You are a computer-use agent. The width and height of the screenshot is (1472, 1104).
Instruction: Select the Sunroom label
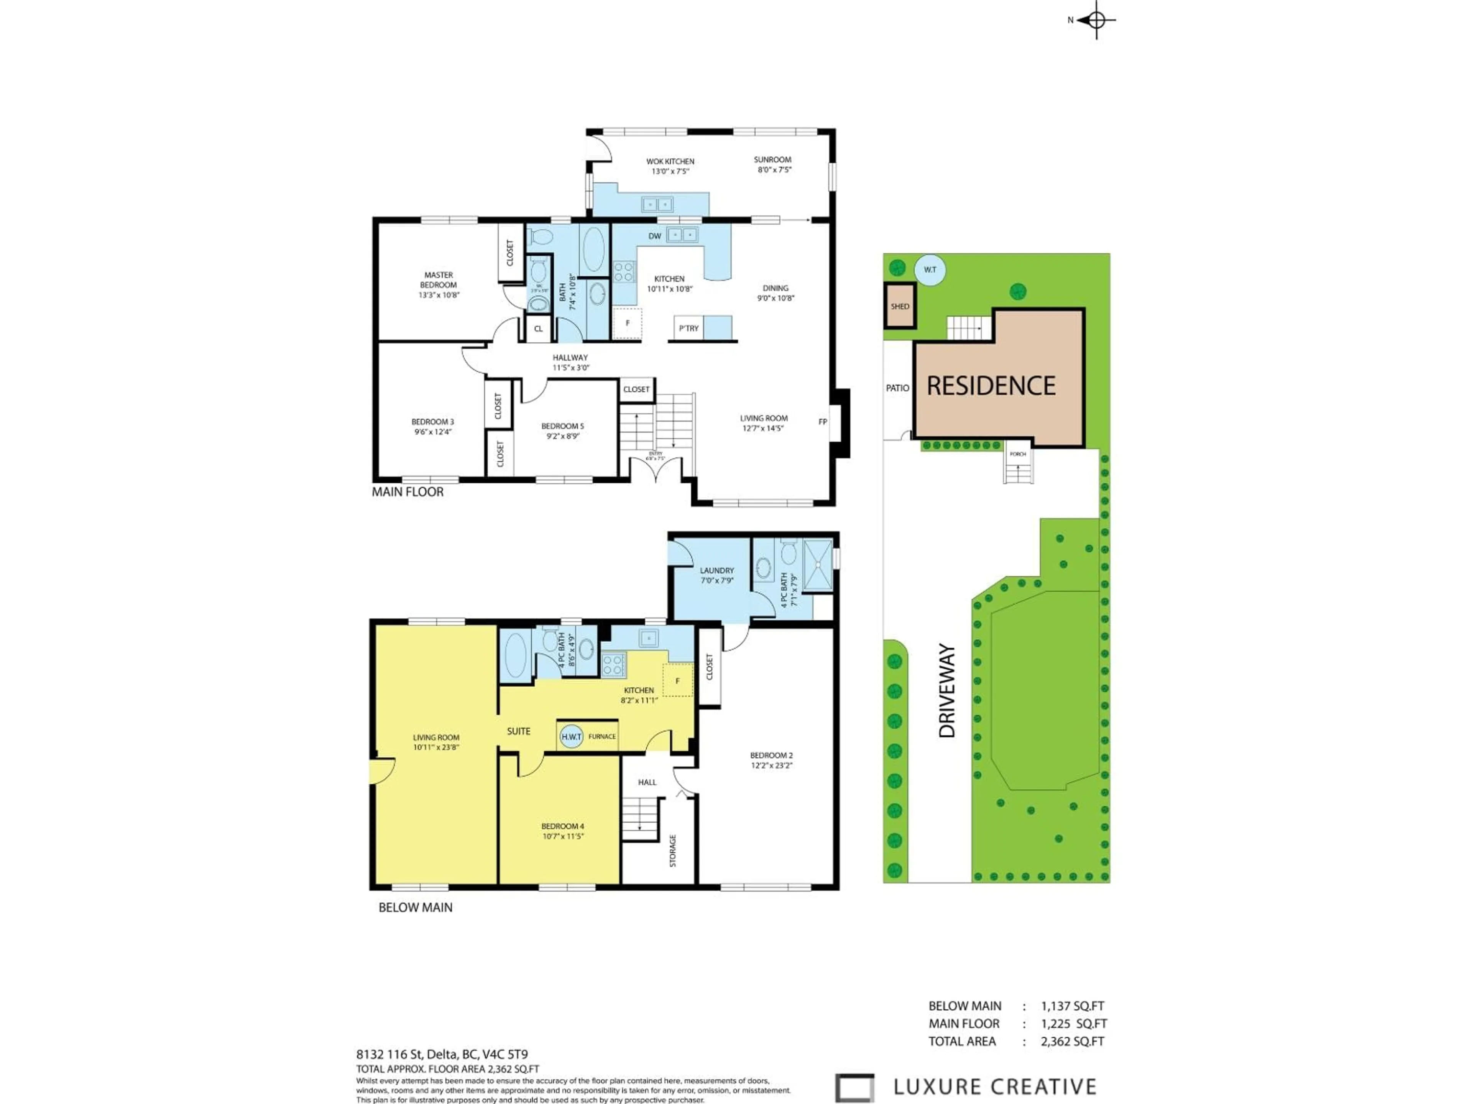[x=772, y=164]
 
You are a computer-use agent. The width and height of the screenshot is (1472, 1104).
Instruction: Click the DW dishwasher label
[x=655, y=236]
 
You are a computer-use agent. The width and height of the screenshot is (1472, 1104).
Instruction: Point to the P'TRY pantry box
[x=689, y=328]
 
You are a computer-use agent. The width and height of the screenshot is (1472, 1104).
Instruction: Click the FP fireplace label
[x=823, y=421]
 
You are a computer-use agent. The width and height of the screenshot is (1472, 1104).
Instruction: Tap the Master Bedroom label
[x=439, y=284]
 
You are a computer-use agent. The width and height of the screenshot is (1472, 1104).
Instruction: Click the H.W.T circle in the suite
[x=571, y=737]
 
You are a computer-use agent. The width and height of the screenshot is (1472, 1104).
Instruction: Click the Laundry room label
[x=717, y=575]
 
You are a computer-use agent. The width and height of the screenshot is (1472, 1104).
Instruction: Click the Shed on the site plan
[x=900, y=306]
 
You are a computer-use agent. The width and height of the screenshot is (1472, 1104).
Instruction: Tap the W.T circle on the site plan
[x=930, y=269]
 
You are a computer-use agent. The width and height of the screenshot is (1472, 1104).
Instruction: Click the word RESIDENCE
[x=991, y=386]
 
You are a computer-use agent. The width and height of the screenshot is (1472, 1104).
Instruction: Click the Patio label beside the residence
[x=897, y=388]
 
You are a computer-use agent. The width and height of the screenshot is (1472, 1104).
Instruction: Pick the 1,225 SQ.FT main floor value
[x=1073, y=1024]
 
